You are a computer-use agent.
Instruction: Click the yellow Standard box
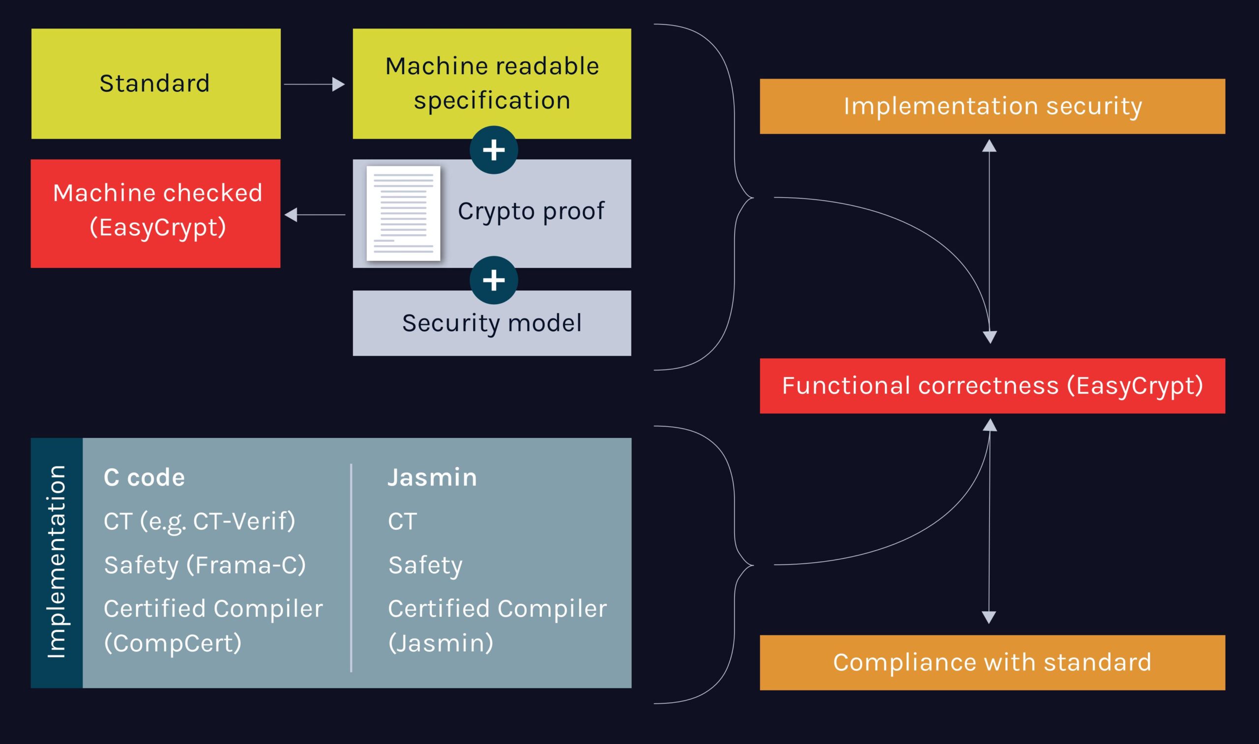click(155, 84)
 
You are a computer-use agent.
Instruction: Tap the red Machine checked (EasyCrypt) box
click(155, 213)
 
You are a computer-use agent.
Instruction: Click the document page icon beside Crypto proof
click(403, 214)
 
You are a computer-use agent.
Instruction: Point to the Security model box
click(492, 323)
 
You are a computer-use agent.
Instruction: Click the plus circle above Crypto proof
click(494, 150)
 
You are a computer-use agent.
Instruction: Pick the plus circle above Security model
click(494, 280)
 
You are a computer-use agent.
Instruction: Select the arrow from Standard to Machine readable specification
click(314, 84)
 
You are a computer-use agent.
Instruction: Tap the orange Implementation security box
click(992, 106)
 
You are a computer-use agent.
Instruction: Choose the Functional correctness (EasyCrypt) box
click(992, 386)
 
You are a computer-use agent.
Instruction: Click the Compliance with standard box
click(992, 663)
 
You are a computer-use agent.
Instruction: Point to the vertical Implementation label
click(57, 562)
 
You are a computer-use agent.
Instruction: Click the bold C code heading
click(144, 477)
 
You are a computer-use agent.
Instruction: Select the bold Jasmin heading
click(432, 477)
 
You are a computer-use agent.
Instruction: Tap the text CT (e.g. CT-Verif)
click(199, 521)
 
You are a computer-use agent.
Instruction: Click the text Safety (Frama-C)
click(205, 565)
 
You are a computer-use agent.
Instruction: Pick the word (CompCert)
click(173, 643)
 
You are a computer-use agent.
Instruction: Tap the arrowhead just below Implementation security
click(989, 145)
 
